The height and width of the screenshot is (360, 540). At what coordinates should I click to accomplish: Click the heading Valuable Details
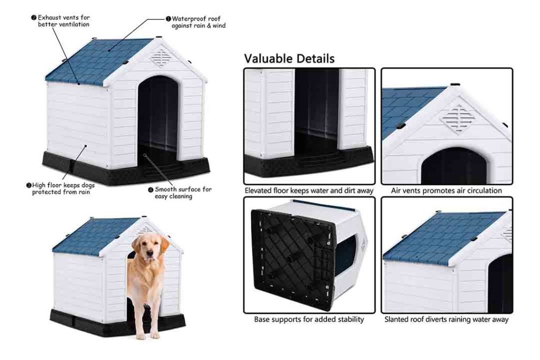[x=289, y=59]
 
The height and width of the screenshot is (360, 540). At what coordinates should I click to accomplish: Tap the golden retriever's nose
[x=149, y=255]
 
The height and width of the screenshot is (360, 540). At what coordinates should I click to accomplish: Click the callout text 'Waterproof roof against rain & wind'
[x=198, y=22]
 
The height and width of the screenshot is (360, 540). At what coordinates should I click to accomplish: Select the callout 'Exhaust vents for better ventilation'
[x=63, y=21]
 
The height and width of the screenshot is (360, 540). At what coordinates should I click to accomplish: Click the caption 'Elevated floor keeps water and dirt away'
[x=309, y=190]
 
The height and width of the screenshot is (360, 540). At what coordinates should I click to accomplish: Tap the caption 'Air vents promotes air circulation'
[x=446, y=190]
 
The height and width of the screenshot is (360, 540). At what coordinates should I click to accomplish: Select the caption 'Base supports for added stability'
[x=309, y=319]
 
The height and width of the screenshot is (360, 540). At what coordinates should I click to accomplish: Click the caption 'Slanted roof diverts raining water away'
[x=446, y=319]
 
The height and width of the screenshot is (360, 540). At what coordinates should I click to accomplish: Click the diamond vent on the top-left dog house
[x=160, y=57]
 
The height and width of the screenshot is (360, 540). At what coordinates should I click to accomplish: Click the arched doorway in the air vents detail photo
[x=454, y=166]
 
